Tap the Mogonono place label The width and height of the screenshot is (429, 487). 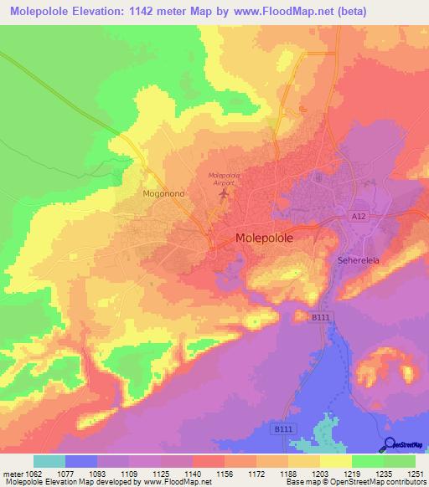click(x=163, y=193)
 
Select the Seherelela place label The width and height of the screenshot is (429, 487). click(x=359, y=260)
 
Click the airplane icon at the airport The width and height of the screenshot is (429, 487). click(x=223, y=195)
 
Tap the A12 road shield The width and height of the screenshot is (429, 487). click(x=359, y=217)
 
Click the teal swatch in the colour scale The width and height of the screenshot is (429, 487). click(x=49, y=461)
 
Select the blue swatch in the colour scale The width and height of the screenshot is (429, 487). click(x=81, y=461)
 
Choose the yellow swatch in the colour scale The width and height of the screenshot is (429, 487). click(x=336, y=461)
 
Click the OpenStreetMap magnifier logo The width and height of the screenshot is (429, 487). click(x=388, y=445)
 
